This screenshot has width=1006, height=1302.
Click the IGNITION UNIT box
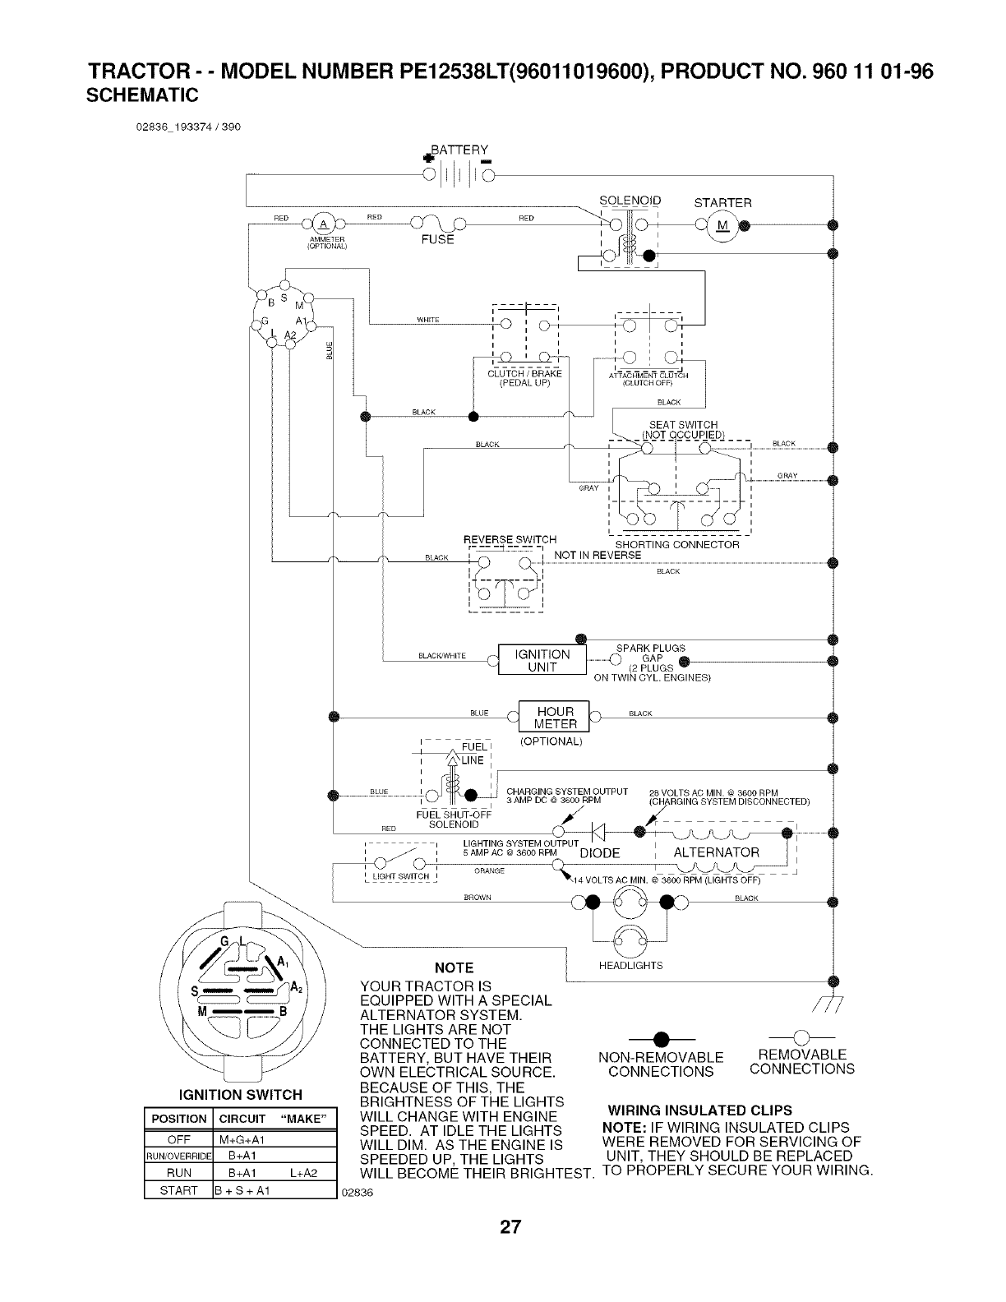(x=542, y=660)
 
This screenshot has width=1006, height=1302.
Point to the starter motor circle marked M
(x=722, y=224)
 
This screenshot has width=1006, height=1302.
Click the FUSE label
(x=436, y=240)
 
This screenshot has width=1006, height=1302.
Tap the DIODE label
(x=599, y=853)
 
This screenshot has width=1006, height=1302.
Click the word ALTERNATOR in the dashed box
(x=717, y=852)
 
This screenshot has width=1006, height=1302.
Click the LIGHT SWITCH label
(x=401, y=876)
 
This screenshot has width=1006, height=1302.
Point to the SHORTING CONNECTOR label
(x=677, y=545)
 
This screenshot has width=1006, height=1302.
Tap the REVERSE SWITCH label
(x=510, y=540)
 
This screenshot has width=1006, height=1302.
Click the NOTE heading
(x=453, y=967)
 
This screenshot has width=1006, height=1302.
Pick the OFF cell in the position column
(x=178, y=1140)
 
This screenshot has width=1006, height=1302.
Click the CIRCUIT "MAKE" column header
(x=274, y=1119)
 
